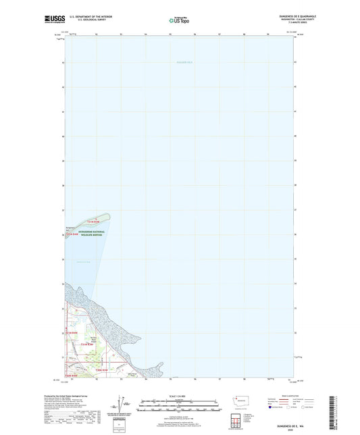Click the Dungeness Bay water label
(x=82, y=261)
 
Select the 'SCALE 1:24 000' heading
(x=180, y=395)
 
